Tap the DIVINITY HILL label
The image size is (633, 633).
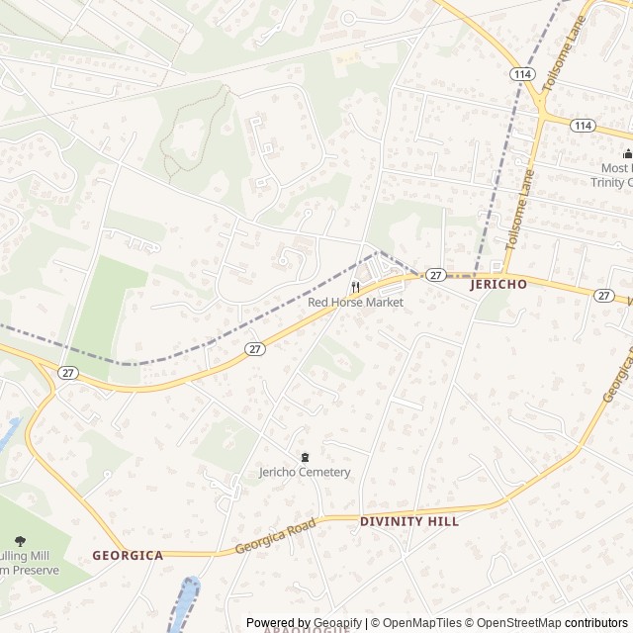[x=409, y=520]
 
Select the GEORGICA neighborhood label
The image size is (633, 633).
[x=128, y=555]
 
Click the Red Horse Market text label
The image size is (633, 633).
[x=355, y=302]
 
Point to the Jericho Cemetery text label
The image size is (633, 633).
[x=305, y=472]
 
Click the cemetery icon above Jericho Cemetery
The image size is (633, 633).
[x=305, y=456]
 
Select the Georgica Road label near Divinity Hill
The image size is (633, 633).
[x=275, y=536]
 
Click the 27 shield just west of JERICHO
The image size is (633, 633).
[x=435, y=274]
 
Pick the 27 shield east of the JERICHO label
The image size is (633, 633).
[x=604, y=296]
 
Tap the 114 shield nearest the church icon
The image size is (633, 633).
[x=583, y=126]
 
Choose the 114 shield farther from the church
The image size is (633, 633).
[x=521, y=74]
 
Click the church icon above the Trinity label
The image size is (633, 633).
[x=627, y=152]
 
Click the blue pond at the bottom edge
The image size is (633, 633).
[x=185, y=603]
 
